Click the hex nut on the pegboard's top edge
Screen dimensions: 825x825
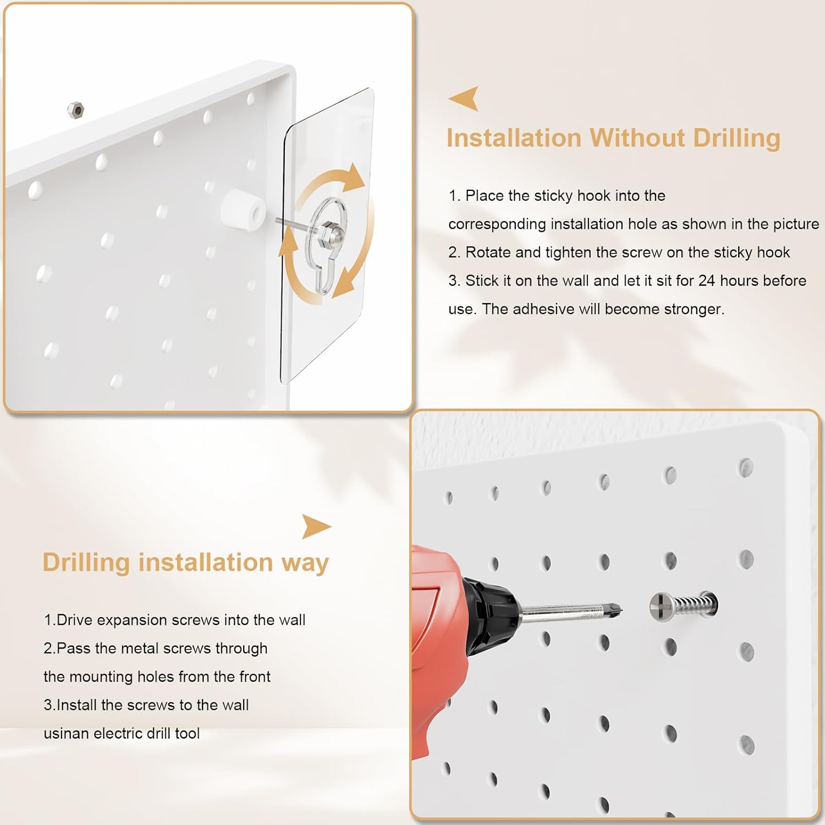(x=75, y=109)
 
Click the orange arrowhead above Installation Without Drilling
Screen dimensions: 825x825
(x=464, y=98)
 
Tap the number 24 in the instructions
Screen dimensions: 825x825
(x=706, y=280)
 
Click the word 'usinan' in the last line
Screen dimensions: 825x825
(x=66, y=734)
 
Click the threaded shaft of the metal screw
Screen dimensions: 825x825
(x=694, y=606)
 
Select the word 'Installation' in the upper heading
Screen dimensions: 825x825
(x=514, y=138)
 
